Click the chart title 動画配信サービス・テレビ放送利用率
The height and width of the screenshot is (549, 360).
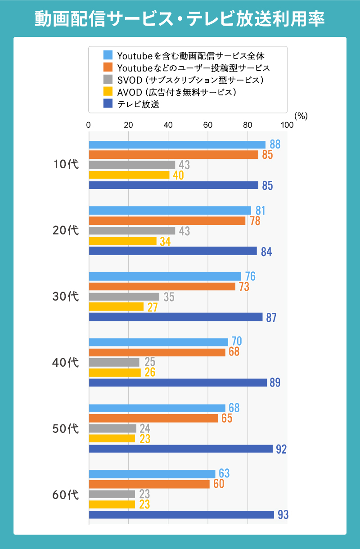(x=180, y=18)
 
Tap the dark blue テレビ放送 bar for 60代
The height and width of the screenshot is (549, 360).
(x=181, y=515)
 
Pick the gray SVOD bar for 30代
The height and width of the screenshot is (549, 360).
(x=124, y=297)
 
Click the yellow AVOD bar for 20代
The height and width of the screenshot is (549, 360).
(x=123, y=241)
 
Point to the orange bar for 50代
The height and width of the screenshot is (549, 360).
(x=153, y=418)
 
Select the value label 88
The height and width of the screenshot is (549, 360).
(x=275, y=144)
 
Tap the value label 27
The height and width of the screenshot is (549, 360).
(x=152, y=307)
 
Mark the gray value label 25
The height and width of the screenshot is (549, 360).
(x=150, y=362)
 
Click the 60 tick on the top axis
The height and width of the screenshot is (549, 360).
(x=208, y=125)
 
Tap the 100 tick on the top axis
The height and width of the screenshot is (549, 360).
(x=287, y=125)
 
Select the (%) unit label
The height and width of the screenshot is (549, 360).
(x=301, y=116)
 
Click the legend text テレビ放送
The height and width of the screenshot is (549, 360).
(x=139, y=104)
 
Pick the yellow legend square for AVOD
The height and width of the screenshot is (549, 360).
(x=108, y=92)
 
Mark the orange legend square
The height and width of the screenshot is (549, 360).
(x=108, y=67)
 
